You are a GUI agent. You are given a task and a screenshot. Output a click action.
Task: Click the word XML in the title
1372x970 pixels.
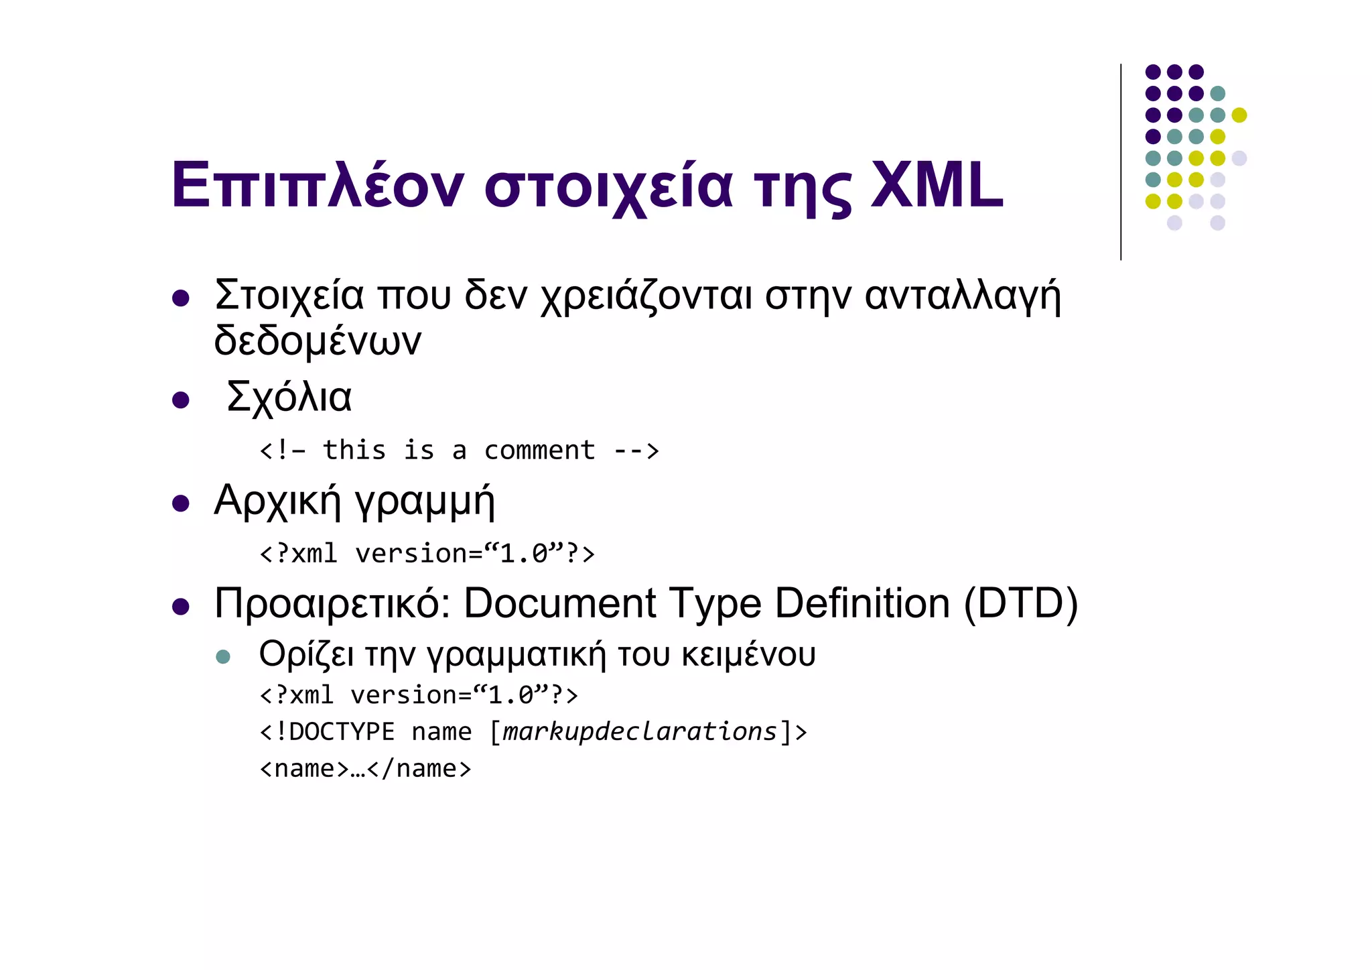(937, 184)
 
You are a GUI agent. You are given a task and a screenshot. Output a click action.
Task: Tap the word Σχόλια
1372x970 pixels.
(289, 397)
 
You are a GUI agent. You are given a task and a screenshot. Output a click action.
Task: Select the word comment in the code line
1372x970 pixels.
(539, 450)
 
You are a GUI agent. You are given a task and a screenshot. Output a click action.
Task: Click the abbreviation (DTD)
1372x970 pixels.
(1020, 603)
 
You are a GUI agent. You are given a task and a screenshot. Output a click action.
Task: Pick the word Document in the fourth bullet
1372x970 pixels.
(559, 603)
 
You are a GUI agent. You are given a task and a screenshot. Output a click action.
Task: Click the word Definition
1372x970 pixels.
(862, 603)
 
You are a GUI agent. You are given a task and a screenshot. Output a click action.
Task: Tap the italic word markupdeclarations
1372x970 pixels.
(640, 731)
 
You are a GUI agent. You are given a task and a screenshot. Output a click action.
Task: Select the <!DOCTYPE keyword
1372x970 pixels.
(328, 731)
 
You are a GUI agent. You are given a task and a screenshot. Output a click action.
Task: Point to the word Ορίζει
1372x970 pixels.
(306, 655)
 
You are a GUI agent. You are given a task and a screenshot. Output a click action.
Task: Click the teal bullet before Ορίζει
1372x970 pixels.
(223, 656)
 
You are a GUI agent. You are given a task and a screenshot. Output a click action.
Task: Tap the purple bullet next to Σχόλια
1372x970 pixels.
(180, 400)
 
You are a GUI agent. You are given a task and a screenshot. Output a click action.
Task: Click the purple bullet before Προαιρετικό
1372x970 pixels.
(180, 607)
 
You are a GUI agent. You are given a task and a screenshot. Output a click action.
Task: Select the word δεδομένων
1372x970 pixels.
(318, 341)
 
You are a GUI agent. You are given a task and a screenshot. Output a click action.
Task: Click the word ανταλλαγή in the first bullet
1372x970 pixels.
(963, 296)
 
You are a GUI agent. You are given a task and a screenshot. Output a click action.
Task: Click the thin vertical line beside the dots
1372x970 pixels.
(1121, 162)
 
